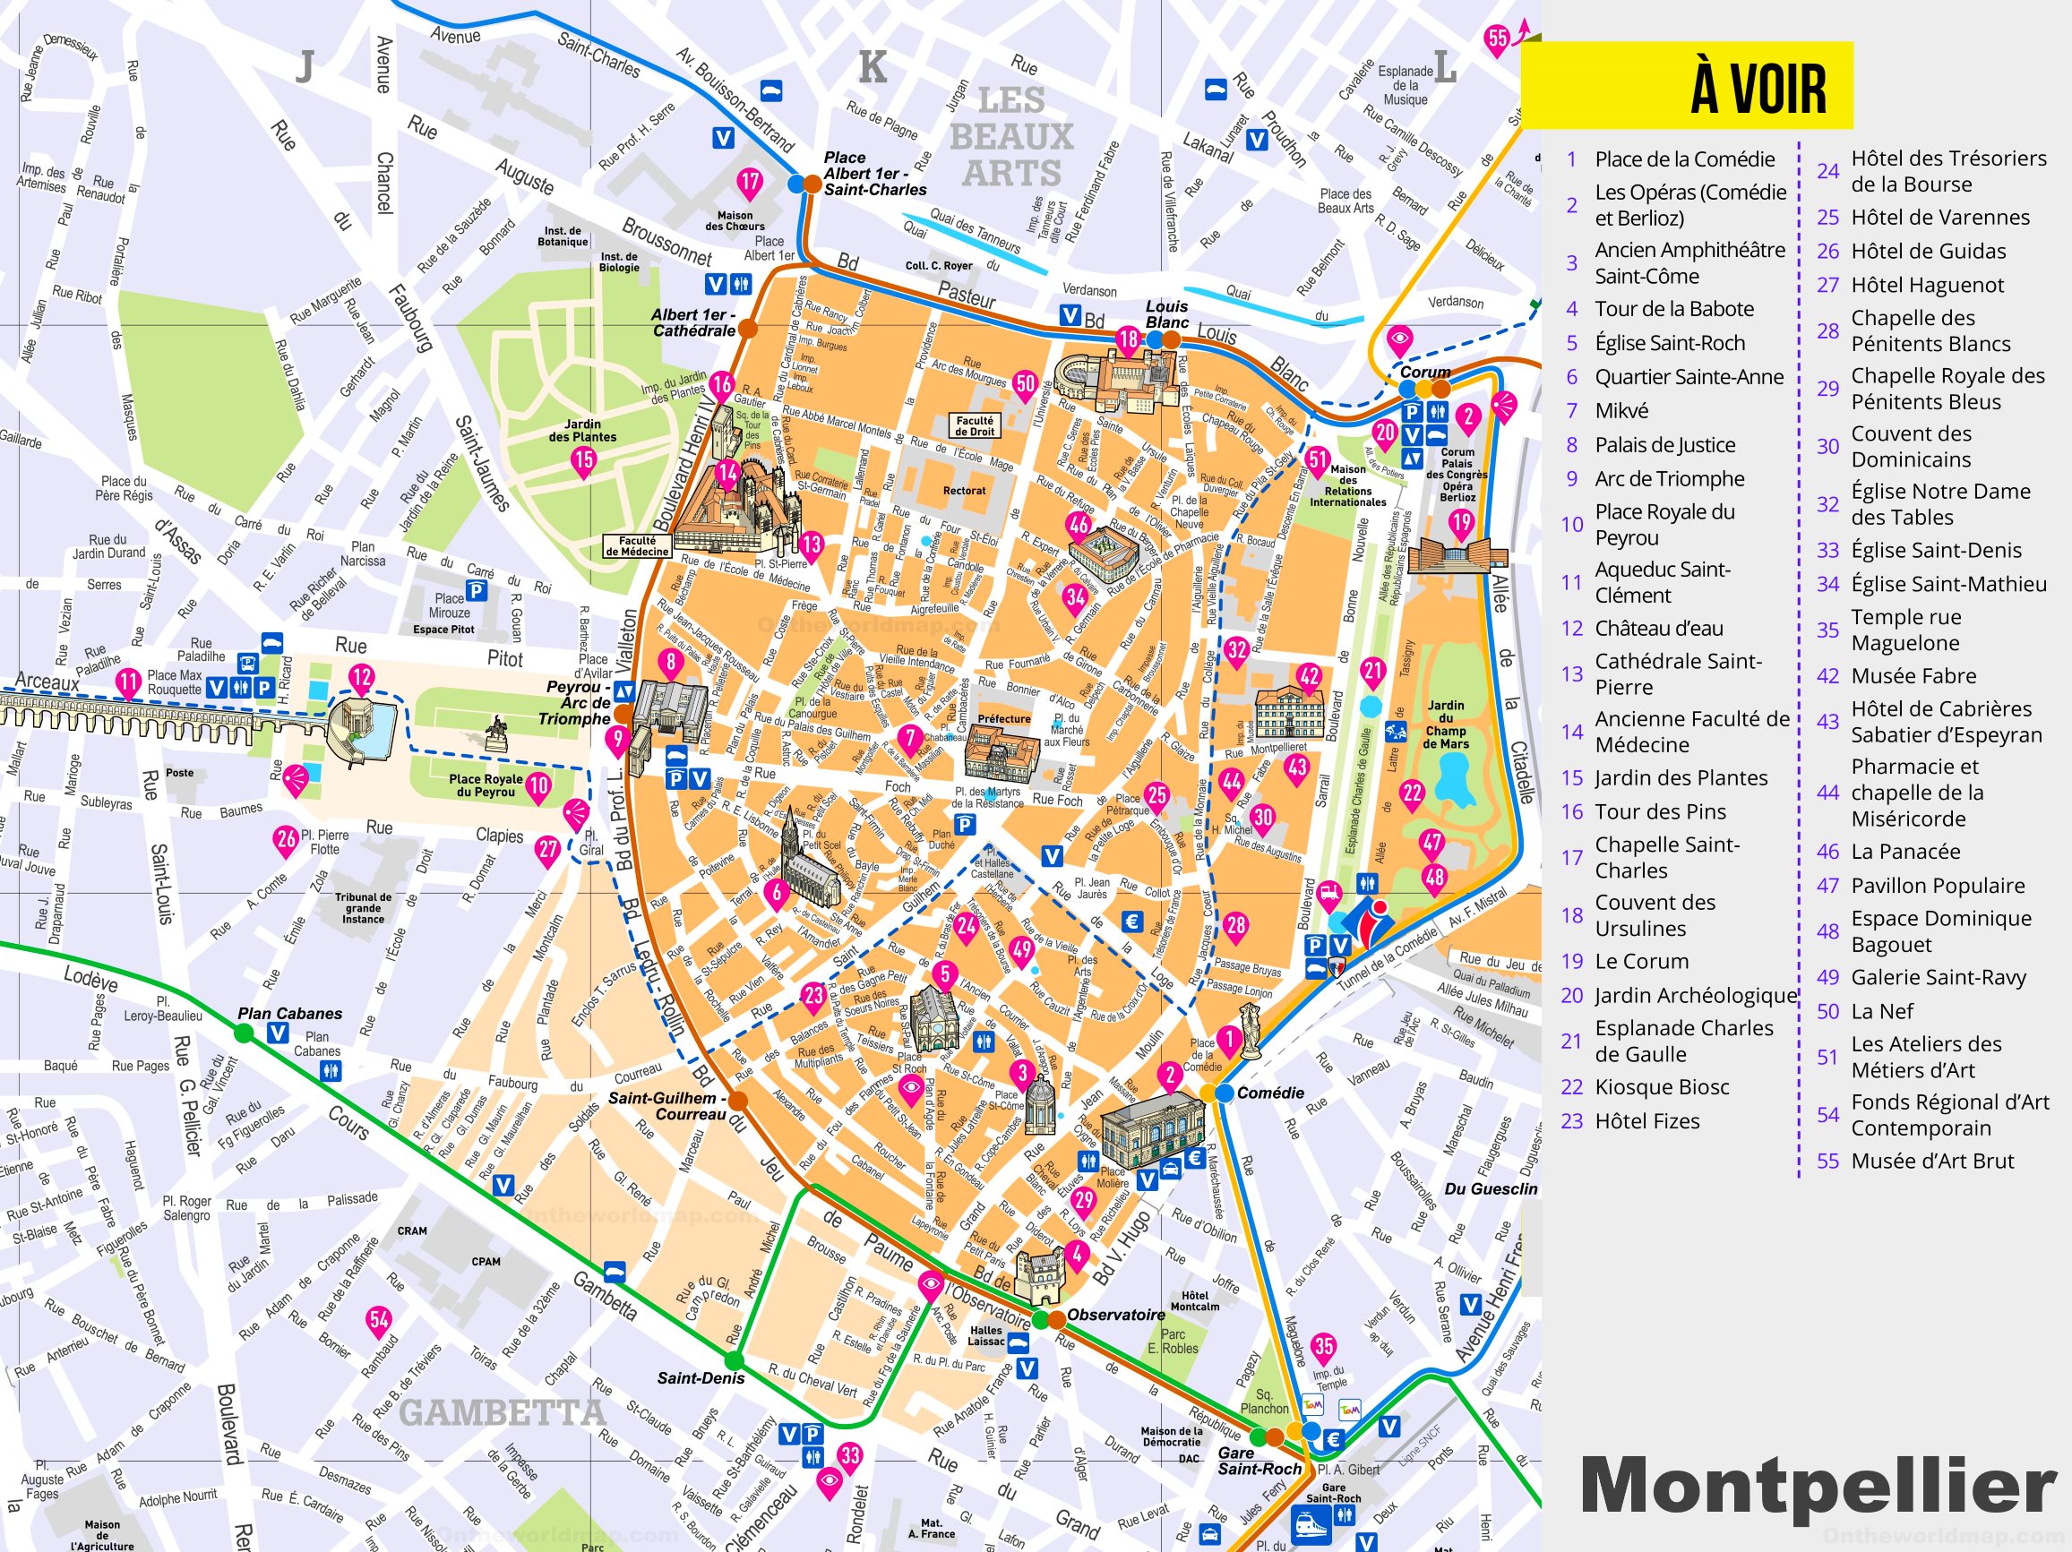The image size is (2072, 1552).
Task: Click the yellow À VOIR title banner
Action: [x=1686, y=85]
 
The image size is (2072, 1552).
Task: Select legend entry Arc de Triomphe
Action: [x=1669, y=478]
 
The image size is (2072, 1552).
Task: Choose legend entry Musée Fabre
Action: [x=1913, y=675]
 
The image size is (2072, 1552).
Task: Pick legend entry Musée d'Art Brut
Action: [x=1931, y=1161]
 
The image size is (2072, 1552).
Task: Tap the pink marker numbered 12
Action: [x=362, y=677]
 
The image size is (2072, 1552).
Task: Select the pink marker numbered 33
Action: [x=849, y=1455]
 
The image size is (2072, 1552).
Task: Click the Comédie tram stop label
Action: [x=1270, y=1093]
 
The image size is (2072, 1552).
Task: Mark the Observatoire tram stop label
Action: [x=1115, y=1314]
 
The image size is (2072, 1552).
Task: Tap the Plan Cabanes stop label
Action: [x=289, y=1014]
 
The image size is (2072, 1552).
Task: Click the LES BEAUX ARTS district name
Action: [x=1010, y=137]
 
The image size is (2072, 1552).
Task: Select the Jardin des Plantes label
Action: [x=582, y=431]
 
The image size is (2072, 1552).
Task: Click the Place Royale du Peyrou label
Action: [x=486, y=785]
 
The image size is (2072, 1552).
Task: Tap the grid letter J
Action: [x=305, y=66]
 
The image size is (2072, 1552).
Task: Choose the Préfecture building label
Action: [x=1003, y=719]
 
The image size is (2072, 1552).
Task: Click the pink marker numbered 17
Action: [x=750, y=181]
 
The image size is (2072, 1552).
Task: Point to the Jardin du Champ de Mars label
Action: [x=1446, y=724]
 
